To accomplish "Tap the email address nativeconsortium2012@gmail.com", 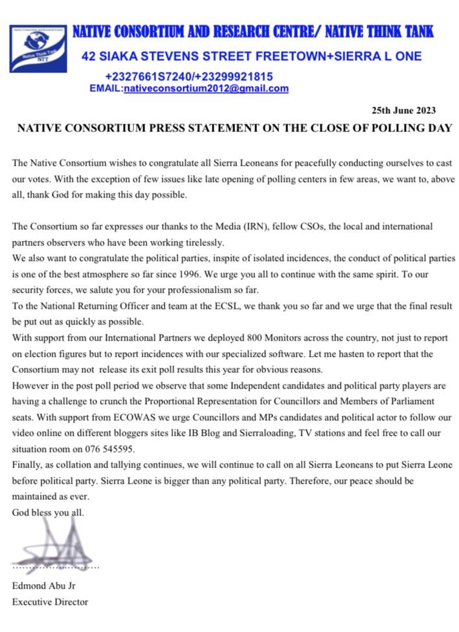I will (x=206, y=89).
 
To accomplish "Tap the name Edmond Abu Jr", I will (x=43, y=587).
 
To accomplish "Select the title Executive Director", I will (x=49, y=602).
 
